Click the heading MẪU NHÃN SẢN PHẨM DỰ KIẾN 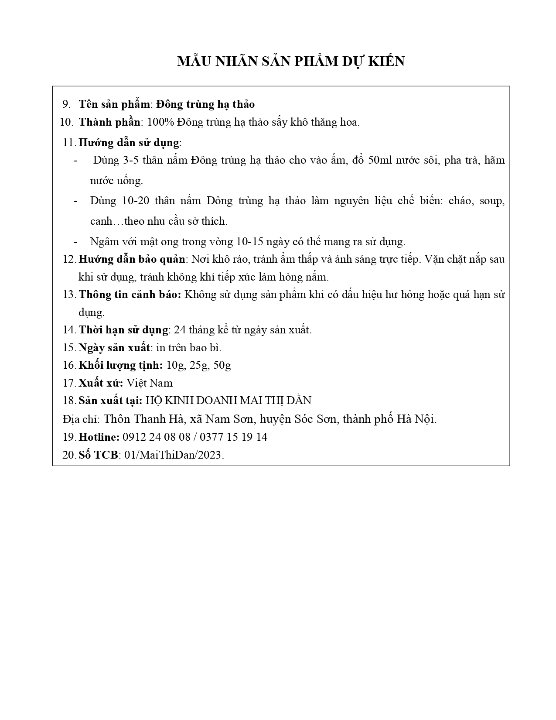291,62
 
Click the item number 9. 66,104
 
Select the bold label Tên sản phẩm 114,104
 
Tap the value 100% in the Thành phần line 161,122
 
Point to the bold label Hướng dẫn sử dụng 129,143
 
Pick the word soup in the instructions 492,201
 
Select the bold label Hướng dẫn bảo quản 132,259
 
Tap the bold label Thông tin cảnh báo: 130,295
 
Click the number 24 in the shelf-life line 180,330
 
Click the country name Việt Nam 150,383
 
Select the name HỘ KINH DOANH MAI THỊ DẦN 228,401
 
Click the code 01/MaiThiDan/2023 174,455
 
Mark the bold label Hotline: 99,437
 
